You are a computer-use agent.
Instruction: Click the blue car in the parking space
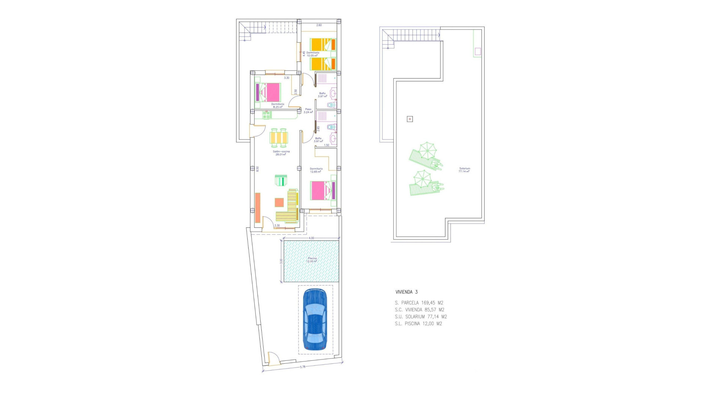(x=315, y=319)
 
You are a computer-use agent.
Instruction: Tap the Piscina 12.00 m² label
(x=312, y=259)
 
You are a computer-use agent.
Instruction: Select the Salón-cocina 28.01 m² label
(x=281, y=153)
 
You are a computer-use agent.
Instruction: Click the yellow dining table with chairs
(x=279, y=138)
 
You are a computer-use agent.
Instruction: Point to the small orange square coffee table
(x=279, y=202)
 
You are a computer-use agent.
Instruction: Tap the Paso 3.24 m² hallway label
(x=308, y=111)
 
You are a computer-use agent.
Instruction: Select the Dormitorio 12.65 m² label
(x=316, y=170)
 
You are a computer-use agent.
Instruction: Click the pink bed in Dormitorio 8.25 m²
(x=268, y=92)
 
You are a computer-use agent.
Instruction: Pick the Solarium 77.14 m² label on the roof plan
(x=464, y=170)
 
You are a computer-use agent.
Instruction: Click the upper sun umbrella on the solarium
(x=427, y=150)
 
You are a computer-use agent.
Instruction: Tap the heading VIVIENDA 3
(x=406, y=292)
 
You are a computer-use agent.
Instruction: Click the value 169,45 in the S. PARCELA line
(x=428, y=303)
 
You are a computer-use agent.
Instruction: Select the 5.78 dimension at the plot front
(x=302, y=367)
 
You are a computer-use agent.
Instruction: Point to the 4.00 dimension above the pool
(x=311, y=238)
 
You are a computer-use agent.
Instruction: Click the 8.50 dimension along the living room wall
(x=257, y=169)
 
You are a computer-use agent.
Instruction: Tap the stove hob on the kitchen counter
(x=267, y=115)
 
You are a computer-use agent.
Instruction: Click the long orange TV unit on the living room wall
(x=258, y=208)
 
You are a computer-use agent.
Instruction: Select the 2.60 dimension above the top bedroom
(x=319, y=25)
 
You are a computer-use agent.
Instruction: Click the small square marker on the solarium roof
(x=409, y=119)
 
